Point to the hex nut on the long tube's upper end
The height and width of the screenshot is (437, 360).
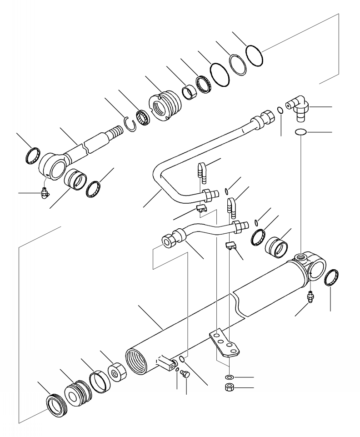(x=264, y=118)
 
